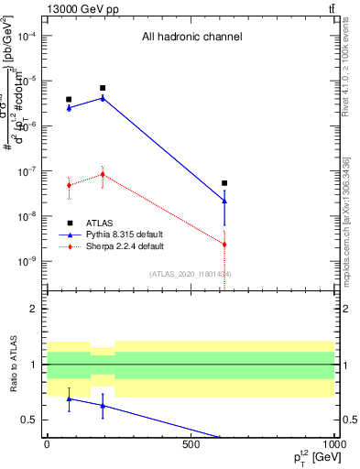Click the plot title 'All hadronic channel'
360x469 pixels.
(191, 38)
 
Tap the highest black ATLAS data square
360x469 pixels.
(103, 88)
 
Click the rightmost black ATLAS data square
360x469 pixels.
(224, 183)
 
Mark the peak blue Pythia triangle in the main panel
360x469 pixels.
(103, 97)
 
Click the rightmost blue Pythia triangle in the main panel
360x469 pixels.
(224, 201)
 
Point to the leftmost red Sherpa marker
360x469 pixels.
(69, 185)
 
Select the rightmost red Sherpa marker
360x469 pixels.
(224, 245)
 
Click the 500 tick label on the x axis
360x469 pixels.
(191, 443)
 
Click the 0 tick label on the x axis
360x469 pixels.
(47, 443)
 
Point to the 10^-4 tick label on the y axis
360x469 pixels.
(27, 36)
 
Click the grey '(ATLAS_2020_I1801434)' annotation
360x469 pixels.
(191, 274)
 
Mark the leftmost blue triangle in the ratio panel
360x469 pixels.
(69, 398)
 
